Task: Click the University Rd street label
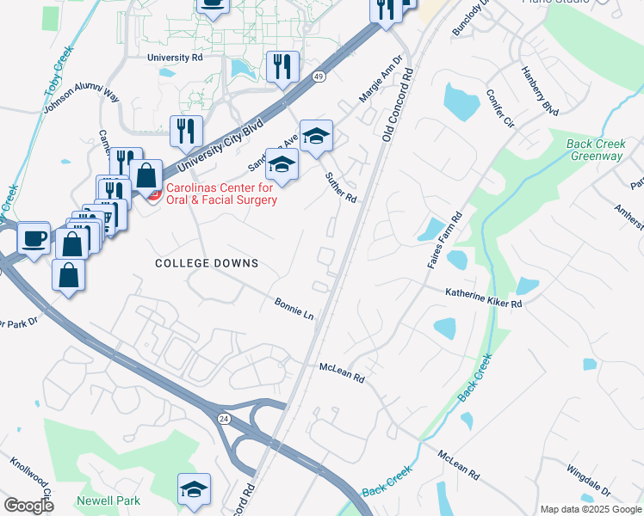click(x=174, y=58)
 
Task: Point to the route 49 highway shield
click(x=319, y=77)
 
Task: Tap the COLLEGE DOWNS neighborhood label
click(x=207, y=263)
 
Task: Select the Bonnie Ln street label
click(x=294, y=309)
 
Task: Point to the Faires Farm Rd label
click(x=446, y=241)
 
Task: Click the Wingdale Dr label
click(x=588, y=482)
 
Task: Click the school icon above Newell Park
click(x=194, y=488)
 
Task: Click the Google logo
click(x=29, y=506)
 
